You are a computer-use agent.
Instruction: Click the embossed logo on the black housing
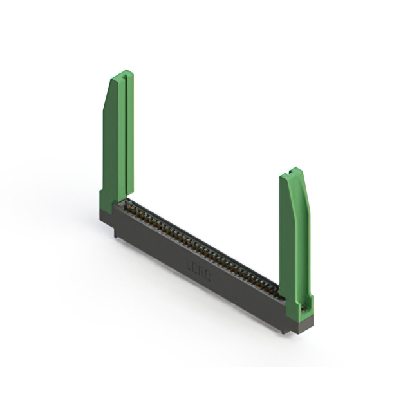197,265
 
